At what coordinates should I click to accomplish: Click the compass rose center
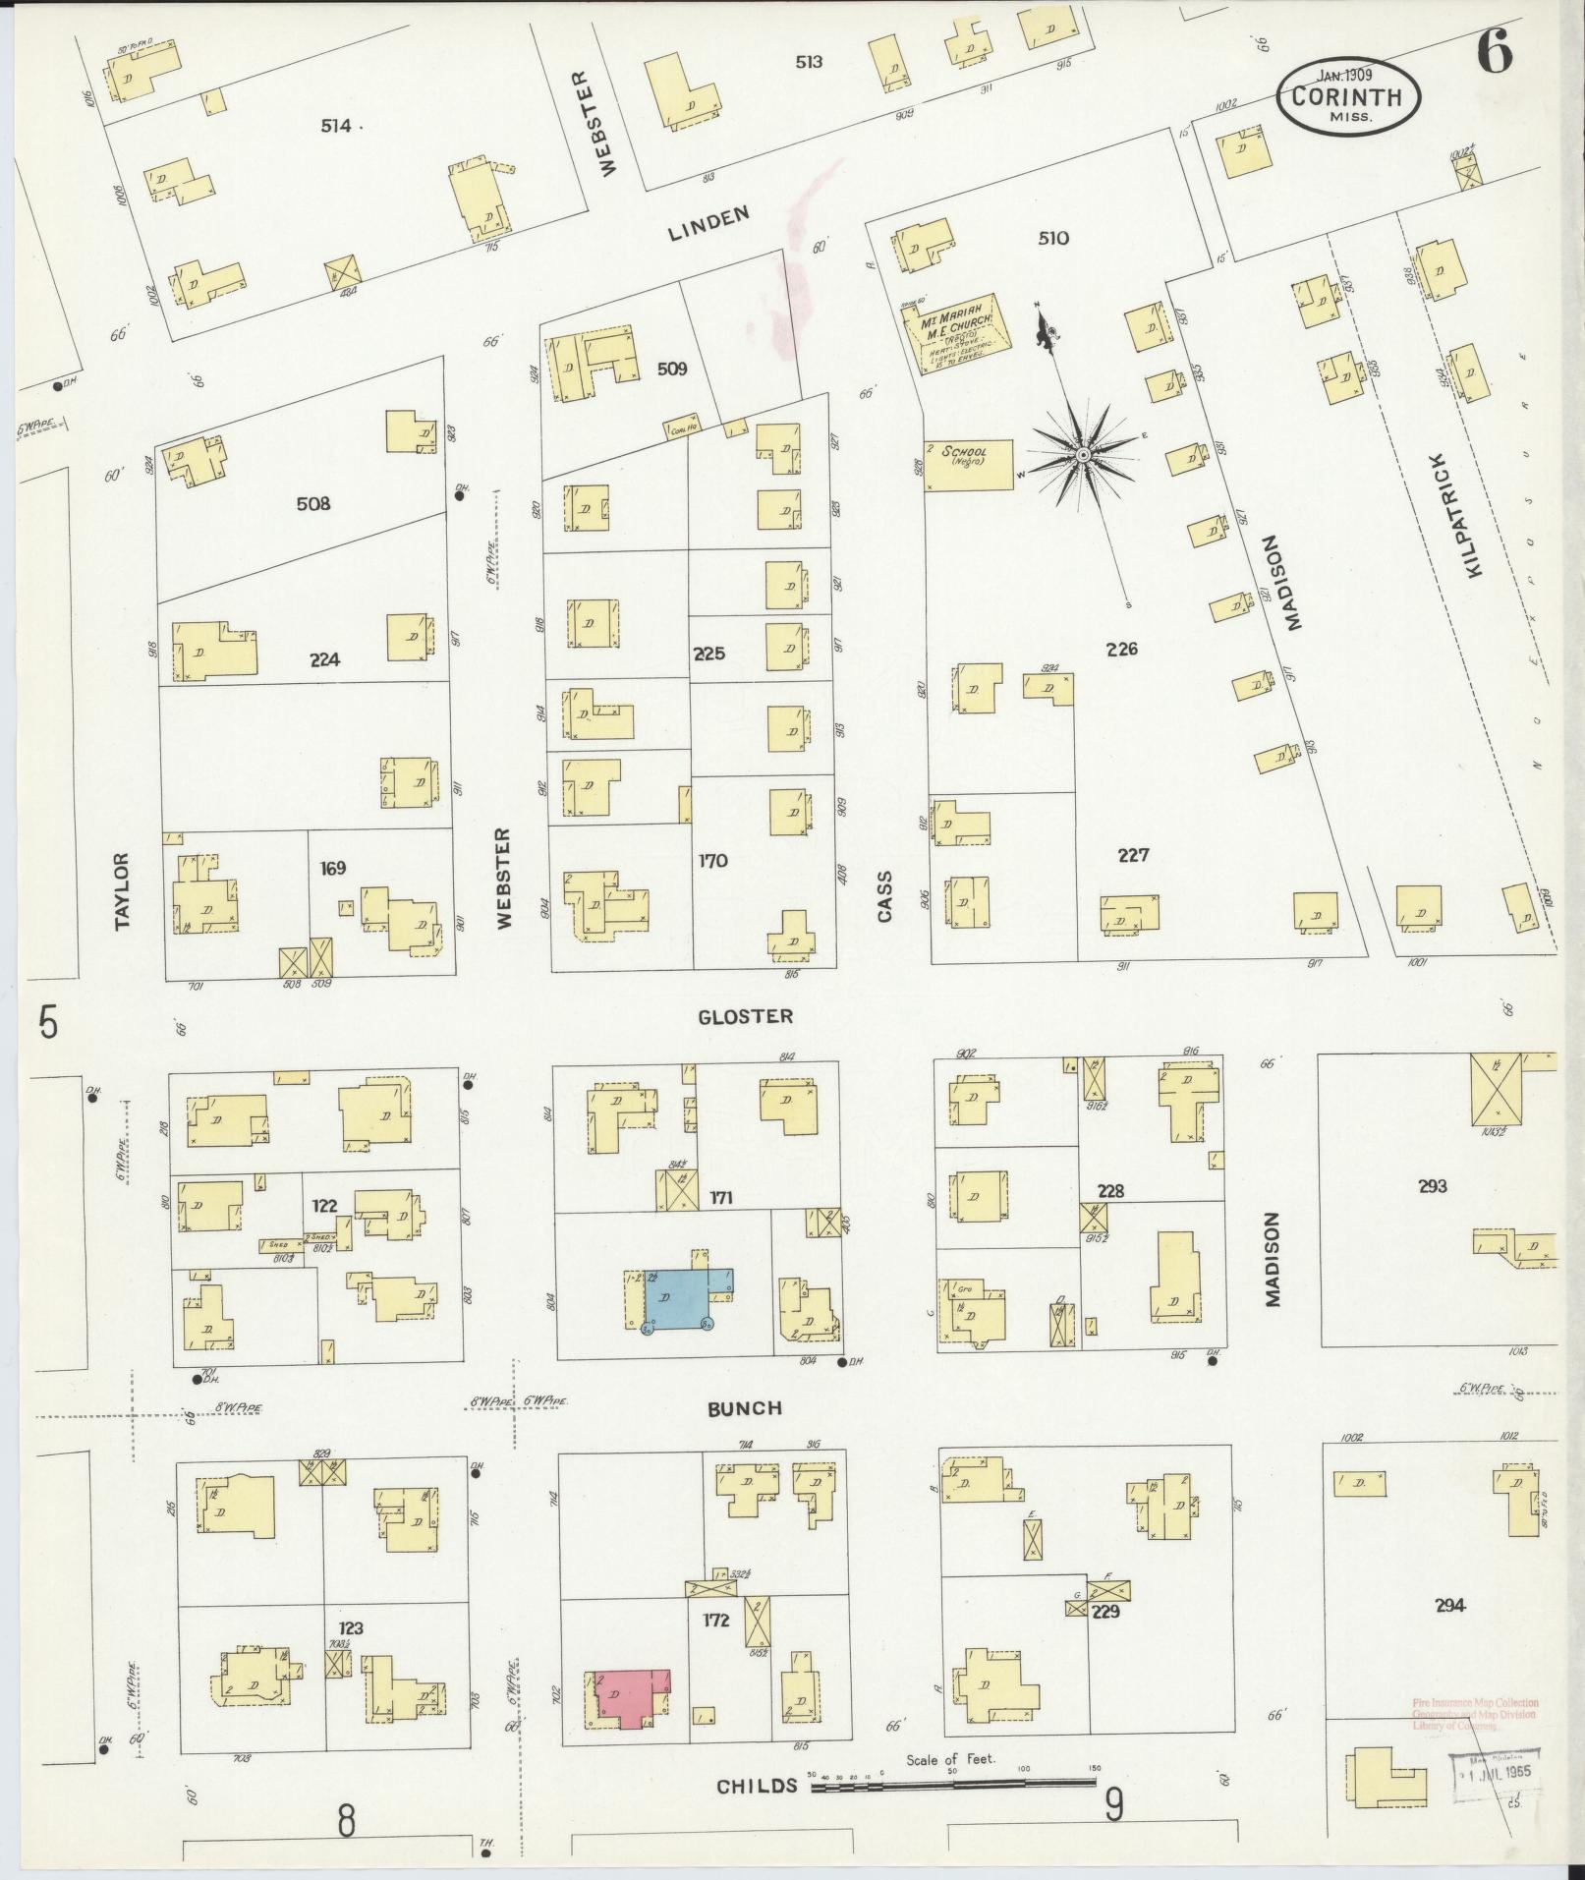tap(1082, 455)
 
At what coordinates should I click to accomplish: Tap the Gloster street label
tap(745, 1016)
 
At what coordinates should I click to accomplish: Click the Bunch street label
tap(746, 1408)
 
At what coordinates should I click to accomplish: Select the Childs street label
tap(756, 1786)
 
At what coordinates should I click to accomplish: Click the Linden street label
tap(708, 223)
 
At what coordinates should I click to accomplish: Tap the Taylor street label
tap(122, 890)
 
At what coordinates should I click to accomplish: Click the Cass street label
tap(884, 895)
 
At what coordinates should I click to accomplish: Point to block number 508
tap(312, 504)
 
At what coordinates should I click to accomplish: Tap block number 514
tap(336, 125)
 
